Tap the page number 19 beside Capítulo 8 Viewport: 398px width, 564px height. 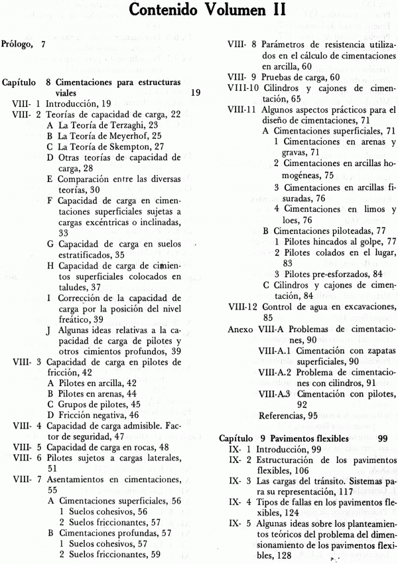(x=195, y=93)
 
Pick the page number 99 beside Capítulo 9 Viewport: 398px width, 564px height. (x=383, y=439)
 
